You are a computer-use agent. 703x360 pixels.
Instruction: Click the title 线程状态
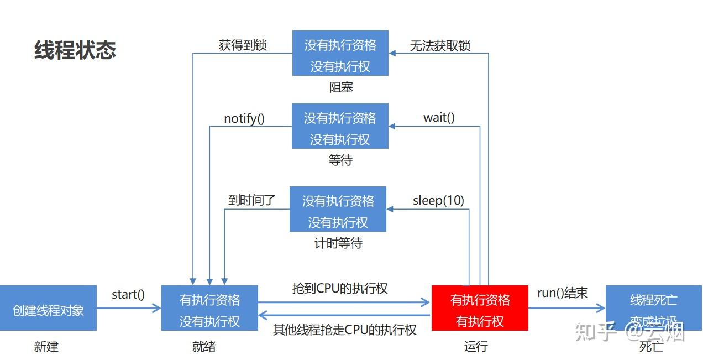tap(75, 50)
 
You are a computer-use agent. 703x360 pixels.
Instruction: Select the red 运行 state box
tap(480, 308)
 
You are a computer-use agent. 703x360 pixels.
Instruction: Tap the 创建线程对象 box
tap(48, 308)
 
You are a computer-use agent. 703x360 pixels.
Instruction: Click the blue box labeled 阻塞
tap(340, 53)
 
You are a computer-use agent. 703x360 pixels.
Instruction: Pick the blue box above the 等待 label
tap(340, 126)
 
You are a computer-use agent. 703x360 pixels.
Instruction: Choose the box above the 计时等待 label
tap(338, 209)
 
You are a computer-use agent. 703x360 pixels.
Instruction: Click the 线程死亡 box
tap(653, 308)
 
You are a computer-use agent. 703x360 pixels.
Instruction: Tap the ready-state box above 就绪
tap(209, 308)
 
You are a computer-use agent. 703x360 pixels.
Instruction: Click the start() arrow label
tap(128, 294)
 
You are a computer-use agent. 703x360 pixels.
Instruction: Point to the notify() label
tap(244, 118)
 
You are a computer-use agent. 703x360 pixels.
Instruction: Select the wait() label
tap(439, 117)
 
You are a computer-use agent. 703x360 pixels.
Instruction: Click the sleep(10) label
tap(438, 200)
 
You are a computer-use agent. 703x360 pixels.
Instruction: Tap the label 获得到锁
tap(243, 45)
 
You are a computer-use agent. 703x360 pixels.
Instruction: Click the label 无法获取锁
tap(440, 45)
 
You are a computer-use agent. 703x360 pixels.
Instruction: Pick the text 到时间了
tap(251, 200)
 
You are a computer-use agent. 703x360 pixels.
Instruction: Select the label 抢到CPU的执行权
tap(340, 288)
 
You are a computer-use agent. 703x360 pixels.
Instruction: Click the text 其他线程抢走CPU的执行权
tap(344, 330)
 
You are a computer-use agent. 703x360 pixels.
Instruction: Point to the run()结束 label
tap(562, 293)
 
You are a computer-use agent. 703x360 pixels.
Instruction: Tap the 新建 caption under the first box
tap(46, 347)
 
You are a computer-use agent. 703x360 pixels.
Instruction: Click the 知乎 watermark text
tap(595, 332)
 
